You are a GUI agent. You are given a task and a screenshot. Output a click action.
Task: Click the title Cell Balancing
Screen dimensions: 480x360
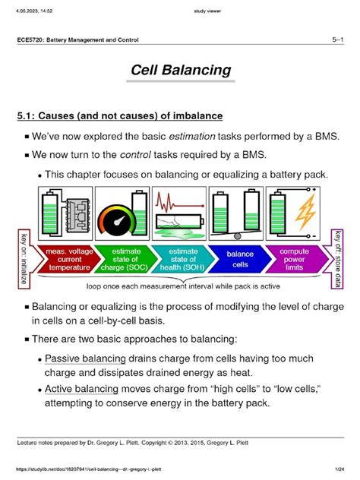[179, 71]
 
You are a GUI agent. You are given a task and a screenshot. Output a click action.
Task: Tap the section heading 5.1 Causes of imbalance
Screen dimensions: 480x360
[119, 116]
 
